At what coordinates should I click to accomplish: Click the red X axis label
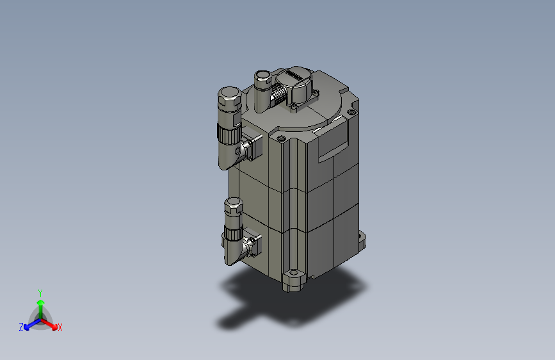click(x=60, y=327)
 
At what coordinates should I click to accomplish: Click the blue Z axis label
click(x=21, y=327)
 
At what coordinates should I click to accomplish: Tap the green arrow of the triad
click(x=40, y=304)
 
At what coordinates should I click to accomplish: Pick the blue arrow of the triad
click(x=29, y=324)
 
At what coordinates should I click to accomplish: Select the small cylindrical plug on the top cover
click(x=262, y=79)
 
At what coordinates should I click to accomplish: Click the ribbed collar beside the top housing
click(x=279, y=97)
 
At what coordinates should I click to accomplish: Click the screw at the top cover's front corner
click(x=281, y=138)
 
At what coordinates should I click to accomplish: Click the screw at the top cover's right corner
click(x=350, y=113)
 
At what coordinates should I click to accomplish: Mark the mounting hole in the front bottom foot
click(x=294, y=276)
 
